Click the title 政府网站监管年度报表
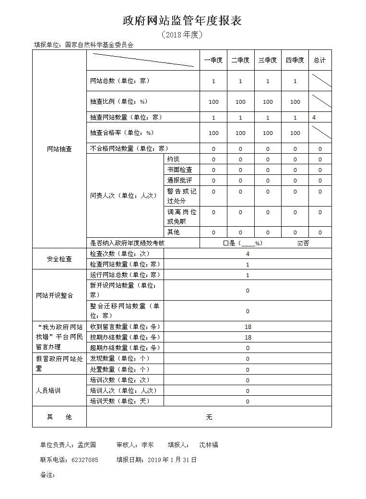pyautogui.click(x=182, y=20)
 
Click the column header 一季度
pyautogui.click(x=213, y=60)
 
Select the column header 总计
pyautogui.click(x=319, y=60)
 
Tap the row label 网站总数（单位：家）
pyautogui.click(x=120, y=81)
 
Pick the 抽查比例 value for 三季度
pyautogui.click(x=268, y=102)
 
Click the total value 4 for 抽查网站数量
pyautogui.click(x=314, y=117)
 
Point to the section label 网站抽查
pyautogui.click(x=59, y=149)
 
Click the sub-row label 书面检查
pyautogui.click(x=180, y=170)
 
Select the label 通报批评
pyautogui.click(x=180, y=180)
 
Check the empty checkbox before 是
pyautogui.click(x=226, y=243)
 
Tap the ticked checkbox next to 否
pyautogui.click(x=300, y=243)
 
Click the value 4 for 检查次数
pyautogui.click(x=248, y=254)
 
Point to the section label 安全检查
pyautogui.click(x=59, y=259)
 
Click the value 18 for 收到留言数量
pyautogui.click(x=248, y=327)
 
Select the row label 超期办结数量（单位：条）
pyautogui.click(x=125, y=348)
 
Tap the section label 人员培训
pyautogui.click(x=48, y=390)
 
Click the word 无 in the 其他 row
pyautogui.click(x=209, y=417)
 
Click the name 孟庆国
pyautogui.click(x=87, y=445)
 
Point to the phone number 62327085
pyautogui.click(x=84, y=460)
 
